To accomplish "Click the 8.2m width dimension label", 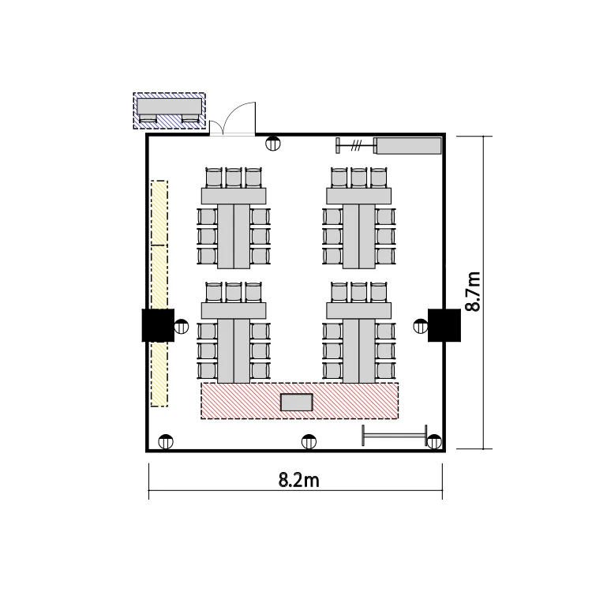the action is coord(298,480).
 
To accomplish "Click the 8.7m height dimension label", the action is coord(473,291).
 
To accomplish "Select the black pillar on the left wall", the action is coord(158,325).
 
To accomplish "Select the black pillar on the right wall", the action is coord(444,325).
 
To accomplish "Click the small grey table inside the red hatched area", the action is coord(296,402).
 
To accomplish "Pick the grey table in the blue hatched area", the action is coord(169,107).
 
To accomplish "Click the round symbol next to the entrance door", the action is coord(272,144).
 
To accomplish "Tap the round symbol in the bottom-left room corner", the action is coord(166,441).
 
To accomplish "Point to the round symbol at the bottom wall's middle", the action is coord(309,441).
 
